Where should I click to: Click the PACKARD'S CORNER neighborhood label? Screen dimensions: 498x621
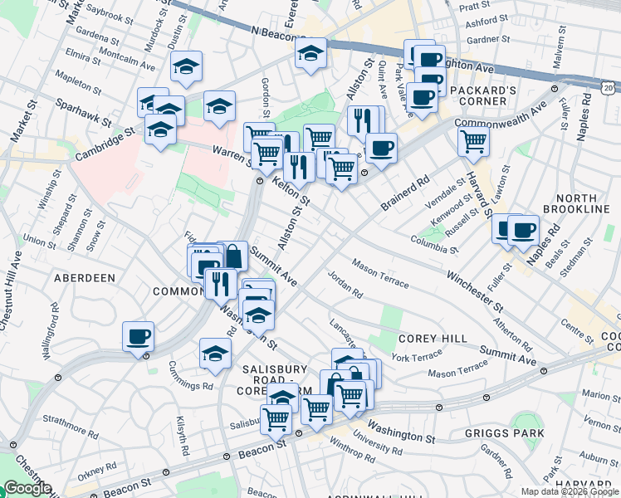click(x=477, y=95)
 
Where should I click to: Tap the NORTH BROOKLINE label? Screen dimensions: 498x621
click(x=582, y=203)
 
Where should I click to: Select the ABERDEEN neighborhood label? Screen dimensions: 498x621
click(x=85, y=278)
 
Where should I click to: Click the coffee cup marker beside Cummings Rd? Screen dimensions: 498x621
click(x=138, y=336)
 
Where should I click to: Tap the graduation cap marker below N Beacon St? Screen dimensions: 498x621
click(x=310, y=54)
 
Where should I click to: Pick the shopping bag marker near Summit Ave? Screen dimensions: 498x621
click(x=233, y=255)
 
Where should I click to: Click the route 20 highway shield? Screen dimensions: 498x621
click(x=609, y=86)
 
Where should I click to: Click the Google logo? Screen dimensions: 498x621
click(x=27, y=488)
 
